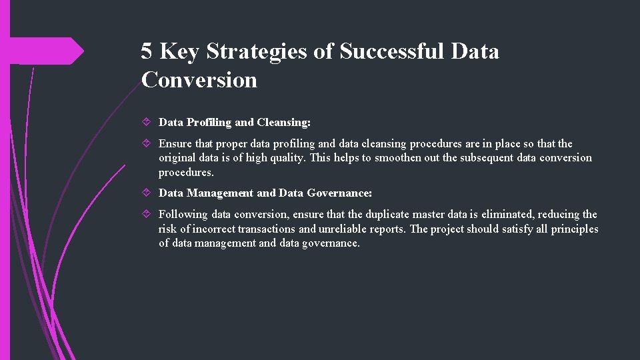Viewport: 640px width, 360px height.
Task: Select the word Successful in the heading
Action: coord(392,51)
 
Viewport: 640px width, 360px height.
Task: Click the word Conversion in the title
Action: coord(199,80)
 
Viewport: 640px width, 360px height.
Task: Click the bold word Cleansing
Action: coord(283,123)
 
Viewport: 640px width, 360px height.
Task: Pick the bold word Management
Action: coord(220,193)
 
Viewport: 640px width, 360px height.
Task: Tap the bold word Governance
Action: coord(339,193)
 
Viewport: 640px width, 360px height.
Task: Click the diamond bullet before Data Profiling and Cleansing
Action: coord(148,123)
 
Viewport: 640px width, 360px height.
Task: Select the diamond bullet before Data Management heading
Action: coord(148,193)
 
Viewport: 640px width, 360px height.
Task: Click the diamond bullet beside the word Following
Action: coord(148,215)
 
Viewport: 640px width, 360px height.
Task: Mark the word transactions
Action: coord(266,229)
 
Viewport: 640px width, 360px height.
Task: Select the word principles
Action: coord(574,229)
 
